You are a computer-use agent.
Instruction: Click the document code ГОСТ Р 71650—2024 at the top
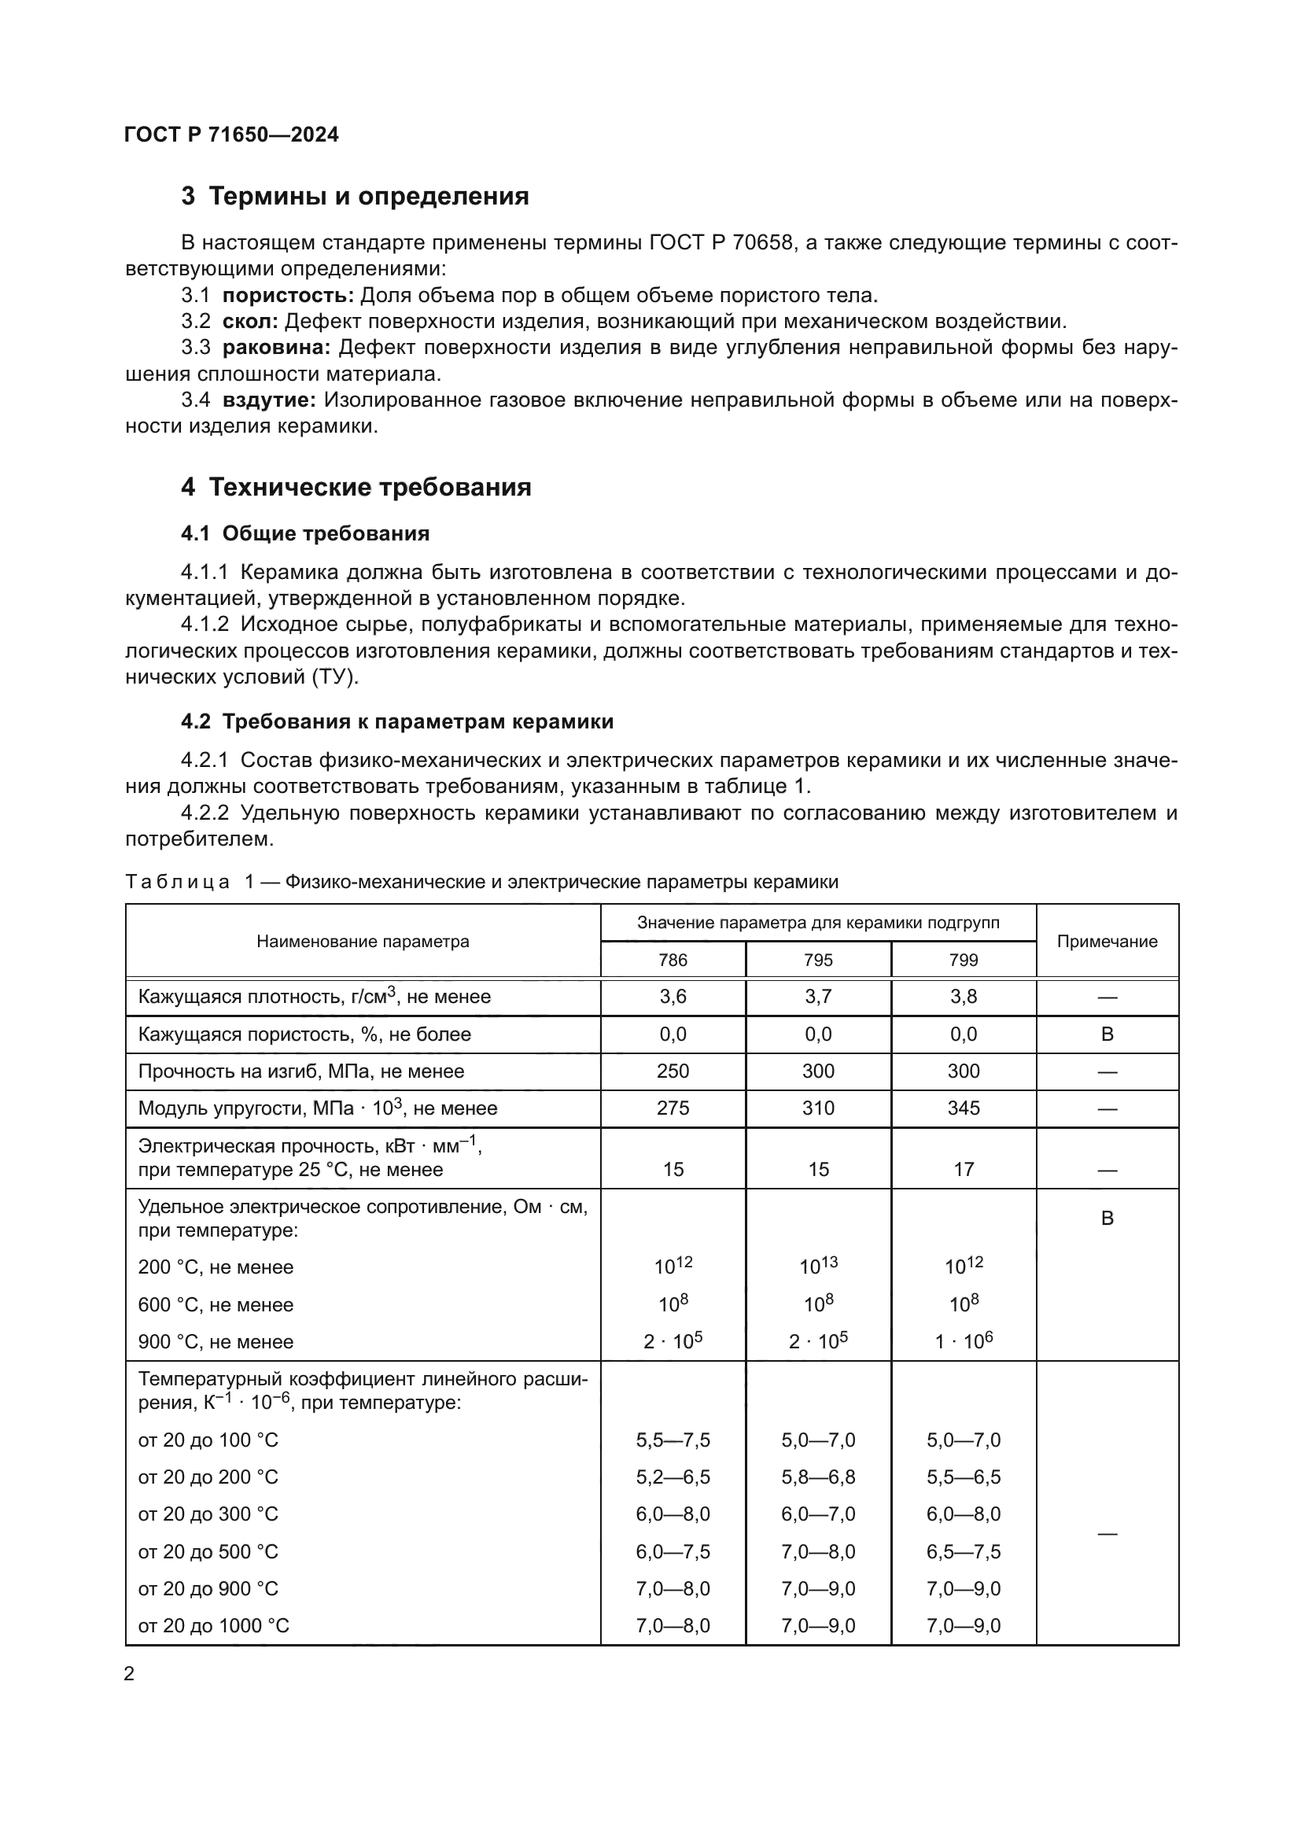[231, 135]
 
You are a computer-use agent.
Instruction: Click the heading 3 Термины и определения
[355, 197]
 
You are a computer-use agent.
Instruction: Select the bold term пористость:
[288, 296]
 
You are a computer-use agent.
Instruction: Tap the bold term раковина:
[276, 348]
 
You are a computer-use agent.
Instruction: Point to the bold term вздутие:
[269, 400]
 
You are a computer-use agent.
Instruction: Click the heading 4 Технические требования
[356, 487]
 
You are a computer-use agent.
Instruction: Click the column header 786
[673, 960]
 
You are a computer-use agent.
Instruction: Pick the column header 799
[963, 960]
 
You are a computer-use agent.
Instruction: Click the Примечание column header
[1107, 942]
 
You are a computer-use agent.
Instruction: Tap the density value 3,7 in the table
[818, 997]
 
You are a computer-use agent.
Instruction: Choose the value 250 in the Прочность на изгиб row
[673, 1071]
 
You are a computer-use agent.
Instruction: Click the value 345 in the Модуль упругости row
[963, 1108]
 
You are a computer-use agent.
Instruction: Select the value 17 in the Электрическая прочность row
[963, 1169]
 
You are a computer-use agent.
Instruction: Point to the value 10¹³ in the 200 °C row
[818, 1267]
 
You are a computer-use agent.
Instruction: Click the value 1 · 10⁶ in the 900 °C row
[963, 1340]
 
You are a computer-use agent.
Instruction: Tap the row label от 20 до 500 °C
[208, 1551]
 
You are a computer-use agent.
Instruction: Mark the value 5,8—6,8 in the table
[818, 1477]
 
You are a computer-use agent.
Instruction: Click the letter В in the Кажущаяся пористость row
[1108, 1034]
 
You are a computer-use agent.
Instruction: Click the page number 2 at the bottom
[130, 1674]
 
